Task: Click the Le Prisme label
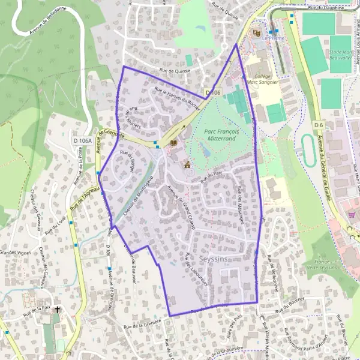click(x=272, y=37)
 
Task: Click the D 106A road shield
click(x=83, y=140)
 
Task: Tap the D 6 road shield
click(x=319, y=124)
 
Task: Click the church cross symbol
click(x=58, y=310)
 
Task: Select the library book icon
click(x=174, y=143)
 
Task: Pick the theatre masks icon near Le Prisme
click(x=257, y=33)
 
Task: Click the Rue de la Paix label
click(x=36, y=310)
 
